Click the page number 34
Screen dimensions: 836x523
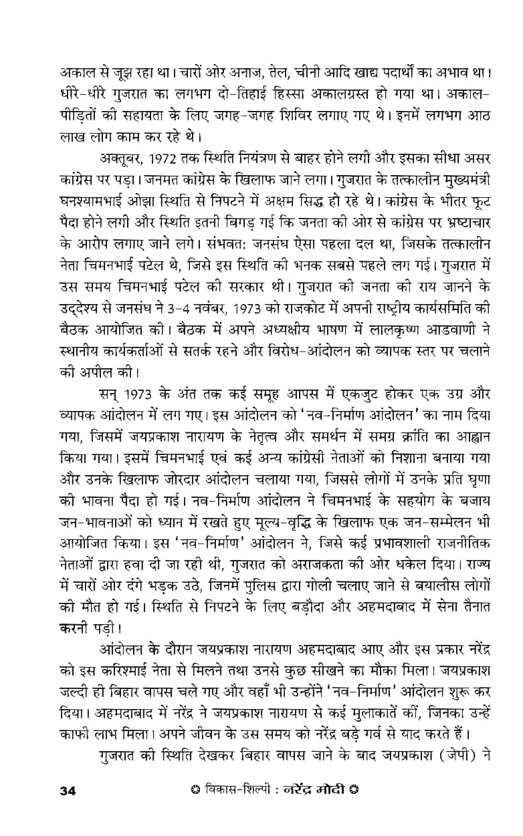pyautogui.click(x=68, y=791)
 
